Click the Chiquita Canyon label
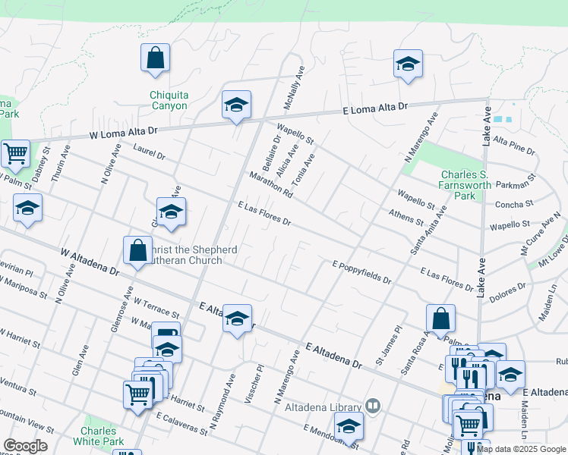tap(169, 100)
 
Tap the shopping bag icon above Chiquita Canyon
tap(155, 58)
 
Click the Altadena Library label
tap(323, 407)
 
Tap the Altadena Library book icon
tap(372, 406)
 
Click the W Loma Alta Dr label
tap(123, 133)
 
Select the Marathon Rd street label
tap(271, 184)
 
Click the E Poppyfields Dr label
tap(361, 272)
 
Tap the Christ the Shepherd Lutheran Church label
tap(185, 255)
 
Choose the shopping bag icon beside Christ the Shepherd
tap(138, 251)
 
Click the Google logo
tap(25, 446)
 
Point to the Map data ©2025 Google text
tap(520, 449)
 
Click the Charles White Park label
tap(103, 436)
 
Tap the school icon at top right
tap(408, 64)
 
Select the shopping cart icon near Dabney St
tap(15, 154)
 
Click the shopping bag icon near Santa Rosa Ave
tap(440, 319)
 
